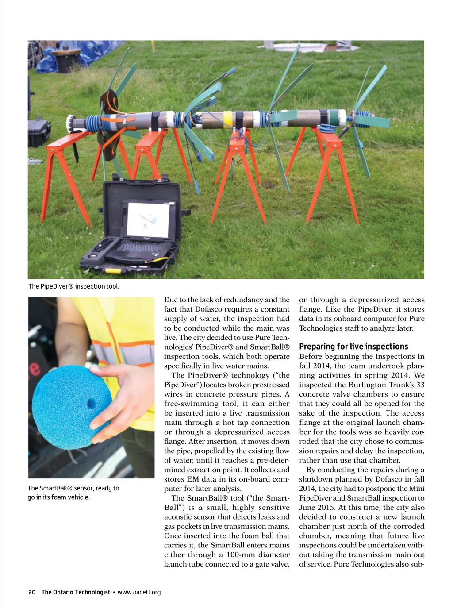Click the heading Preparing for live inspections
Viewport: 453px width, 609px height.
click(353, 347)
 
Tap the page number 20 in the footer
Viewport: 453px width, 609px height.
click(32, 592)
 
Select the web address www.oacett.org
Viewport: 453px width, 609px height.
click(139, 592)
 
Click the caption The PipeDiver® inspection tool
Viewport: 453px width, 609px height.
click(73, 286)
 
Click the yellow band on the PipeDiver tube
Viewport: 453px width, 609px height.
click(227, 118)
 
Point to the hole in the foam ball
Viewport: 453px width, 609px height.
click(92, 403)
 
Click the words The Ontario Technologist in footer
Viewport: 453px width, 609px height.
click(76, 592)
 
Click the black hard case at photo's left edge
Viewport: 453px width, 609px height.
click(38, 132)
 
